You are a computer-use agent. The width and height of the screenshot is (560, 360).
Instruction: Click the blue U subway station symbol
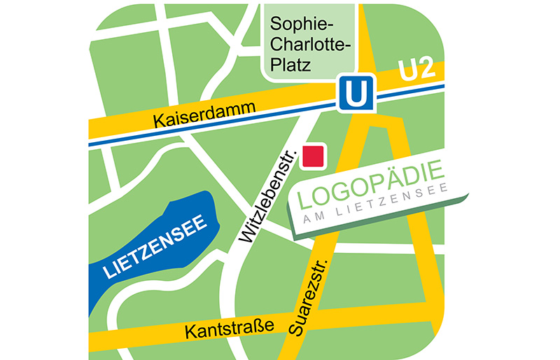pos(356,94)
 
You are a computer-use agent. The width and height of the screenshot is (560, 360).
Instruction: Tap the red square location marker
pos(312,156)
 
